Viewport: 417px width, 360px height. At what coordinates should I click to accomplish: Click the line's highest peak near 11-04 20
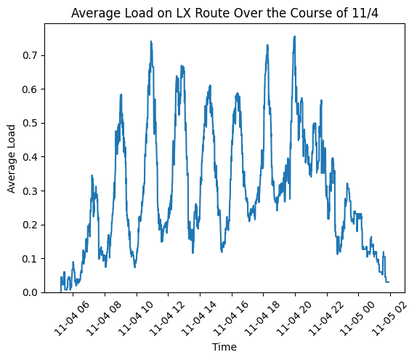(294, 36)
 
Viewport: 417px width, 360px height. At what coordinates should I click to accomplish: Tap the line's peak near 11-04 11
(151, 41)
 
